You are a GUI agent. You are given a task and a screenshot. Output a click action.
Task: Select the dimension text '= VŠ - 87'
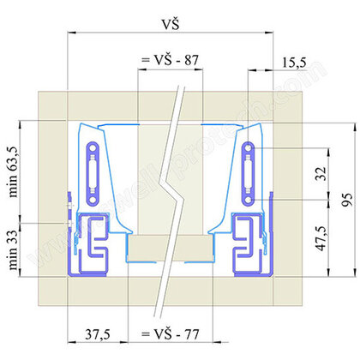170,62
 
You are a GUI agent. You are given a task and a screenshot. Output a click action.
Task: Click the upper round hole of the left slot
93,149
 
